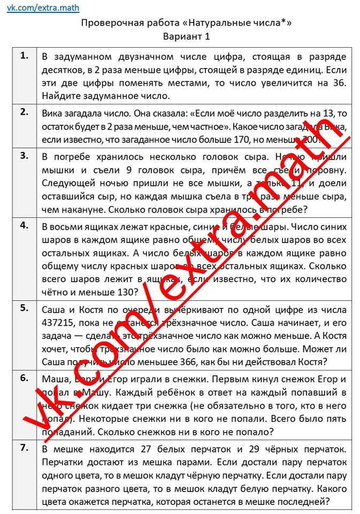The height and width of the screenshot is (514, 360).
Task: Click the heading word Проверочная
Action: point(110,23)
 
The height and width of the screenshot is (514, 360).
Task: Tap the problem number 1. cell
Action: point(25,56)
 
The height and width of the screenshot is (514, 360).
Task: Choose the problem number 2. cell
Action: point(25,112)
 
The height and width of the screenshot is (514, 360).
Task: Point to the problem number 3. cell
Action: point(25,156)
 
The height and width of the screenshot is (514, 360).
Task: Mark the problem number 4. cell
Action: point(25,225)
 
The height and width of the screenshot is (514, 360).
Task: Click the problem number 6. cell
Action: point(25,378)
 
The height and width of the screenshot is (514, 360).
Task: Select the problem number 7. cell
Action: point(25,448)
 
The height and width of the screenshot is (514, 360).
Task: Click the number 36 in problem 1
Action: point(340,83)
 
